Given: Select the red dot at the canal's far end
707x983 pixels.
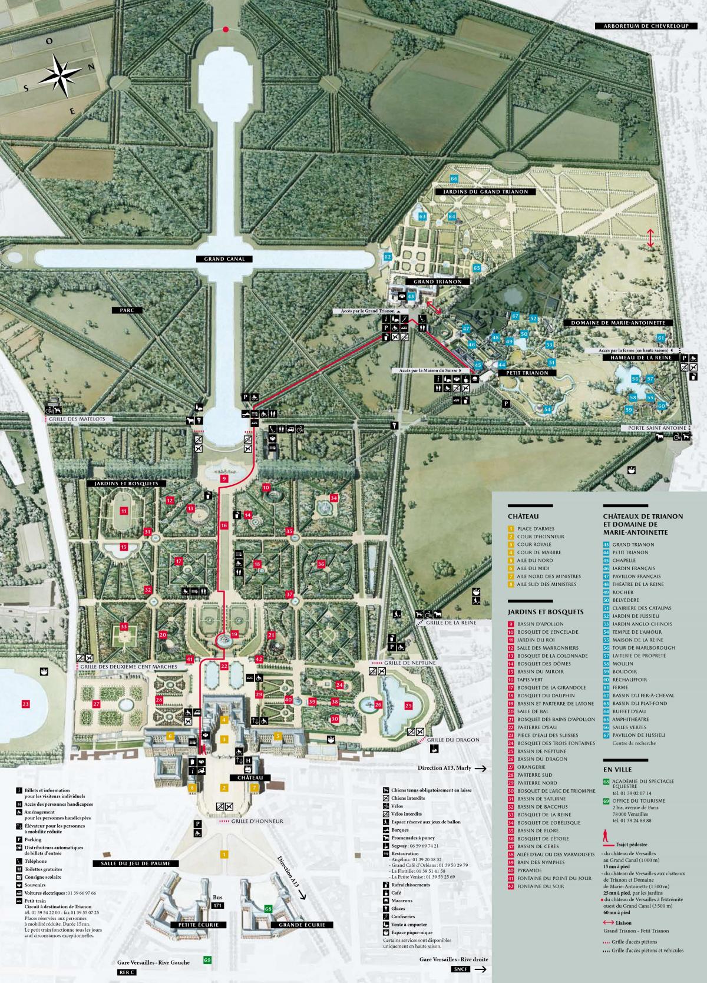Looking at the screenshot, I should point(225,29).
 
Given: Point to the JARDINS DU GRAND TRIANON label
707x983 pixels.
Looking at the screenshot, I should point(486,192).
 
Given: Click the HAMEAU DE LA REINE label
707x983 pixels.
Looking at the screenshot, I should point(636,358).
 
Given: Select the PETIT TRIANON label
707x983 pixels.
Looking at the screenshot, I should point(523,372).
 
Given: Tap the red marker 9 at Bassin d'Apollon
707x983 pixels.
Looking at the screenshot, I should point(223,479).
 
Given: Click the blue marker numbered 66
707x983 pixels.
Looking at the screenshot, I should point(454,178).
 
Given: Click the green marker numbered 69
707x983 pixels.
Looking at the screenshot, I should point(207,960).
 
